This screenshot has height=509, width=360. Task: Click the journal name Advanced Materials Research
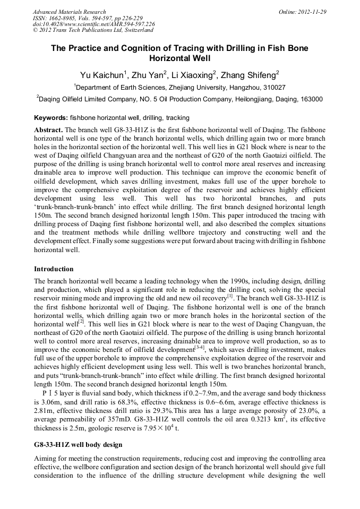69,12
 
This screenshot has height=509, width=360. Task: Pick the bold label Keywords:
51,118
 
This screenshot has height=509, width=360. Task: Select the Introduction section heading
54,269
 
